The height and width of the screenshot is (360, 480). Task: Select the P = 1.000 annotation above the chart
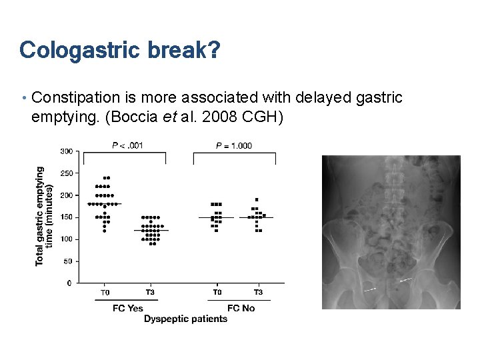click(x=234, y=145)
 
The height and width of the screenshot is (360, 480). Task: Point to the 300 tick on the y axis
click(x=66, y=151)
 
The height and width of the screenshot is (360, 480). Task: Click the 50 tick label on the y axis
click(x=68, y=261)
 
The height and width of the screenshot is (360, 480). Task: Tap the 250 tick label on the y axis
click(x=66, y=173)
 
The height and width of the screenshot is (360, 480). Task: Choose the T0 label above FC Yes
click(x=105, y=292)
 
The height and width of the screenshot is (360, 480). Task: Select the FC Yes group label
click(x=127, y=308)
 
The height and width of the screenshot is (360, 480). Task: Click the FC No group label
click(x=241, y=308)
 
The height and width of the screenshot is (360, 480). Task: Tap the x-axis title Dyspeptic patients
click(x=185, y=319)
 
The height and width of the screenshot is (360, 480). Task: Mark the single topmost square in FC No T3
click(x=257, y=199)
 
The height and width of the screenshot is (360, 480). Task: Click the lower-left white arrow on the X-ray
click(x=371, y=290)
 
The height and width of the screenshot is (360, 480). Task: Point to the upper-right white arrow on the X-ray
click(x=405, y=279)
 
